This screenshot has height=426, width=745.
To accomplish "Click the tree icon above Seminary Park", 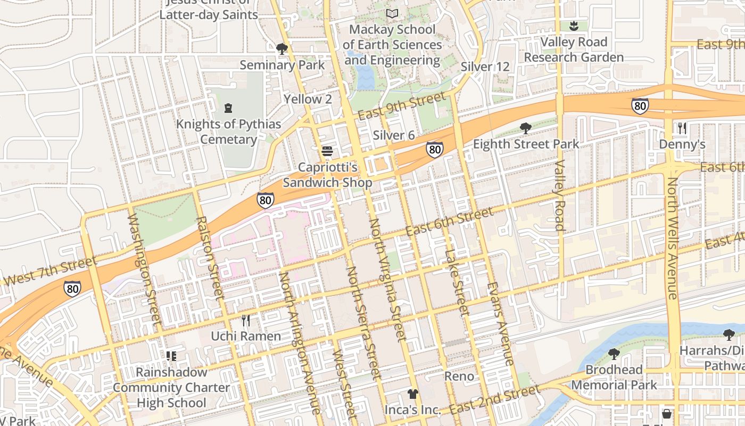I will coord(282,49).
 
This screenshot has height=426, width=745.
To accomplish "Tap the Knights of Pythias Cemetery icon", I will coord(228,108).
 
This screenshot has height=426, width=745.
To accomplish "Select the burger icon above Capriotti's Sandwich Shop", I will coord(327,151).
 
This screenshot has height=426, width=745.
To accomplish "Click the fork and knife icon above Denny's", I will coord(682,128).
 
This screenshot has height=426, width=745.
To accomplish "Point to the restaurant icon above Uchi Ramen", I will coord(245,320).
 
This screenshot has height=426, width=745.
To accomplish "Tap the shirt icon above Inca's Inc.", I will coord(412,394).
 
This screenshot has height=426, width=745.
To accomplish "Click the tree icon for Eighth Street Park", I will coord(526,128).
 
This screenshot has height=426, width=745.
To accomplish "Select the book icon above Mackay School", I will coord(392,13).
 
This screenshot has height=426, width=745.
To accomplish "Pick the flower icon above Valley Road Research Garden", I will coord(574,26).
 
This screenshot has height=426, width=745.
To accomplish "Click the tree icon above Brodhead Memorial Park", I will coord(614,354).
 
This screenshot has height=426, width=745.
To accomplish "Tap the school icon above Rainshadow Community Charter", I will coord(171,356).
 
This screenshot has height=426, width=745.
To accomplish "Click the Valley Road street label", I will coord(559,195).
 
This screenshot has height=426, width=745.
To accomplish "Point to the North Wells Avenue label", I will coord(673,238).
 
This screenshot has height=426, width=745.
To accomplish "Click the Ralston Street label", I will coord(209,256).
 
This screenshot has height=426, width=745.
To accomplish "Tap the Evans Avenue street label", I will coord(500,324).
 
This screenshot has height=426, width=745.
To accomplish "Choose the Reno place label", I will coord(459,376).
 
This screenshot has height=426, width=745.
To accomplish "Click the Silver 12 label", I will coord(485,67).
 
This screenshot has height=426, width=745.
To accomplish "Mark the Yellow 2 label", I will coord(308,99).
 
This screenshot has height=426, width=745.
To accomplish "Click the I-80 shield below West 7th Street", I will coord(73,288).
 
